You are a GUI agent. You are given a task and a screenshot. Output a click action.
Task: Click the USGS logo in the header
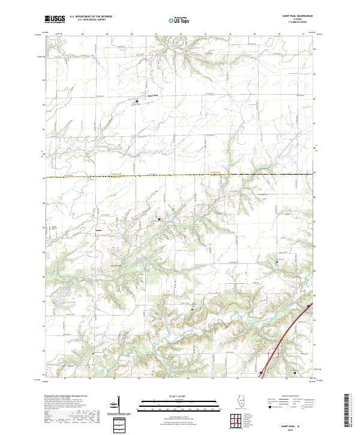[x=55, y=19]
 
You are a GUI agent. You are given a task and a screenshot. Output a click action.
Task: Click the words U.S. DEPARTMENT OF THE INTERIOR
[x=91, y=17]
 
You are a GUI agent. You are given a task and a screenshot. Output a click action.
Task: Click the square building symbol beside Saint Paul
[x=136, y=101]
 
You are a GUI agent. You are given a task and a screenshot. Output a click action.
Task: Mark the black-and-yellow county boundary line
[x=180, y=176]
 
